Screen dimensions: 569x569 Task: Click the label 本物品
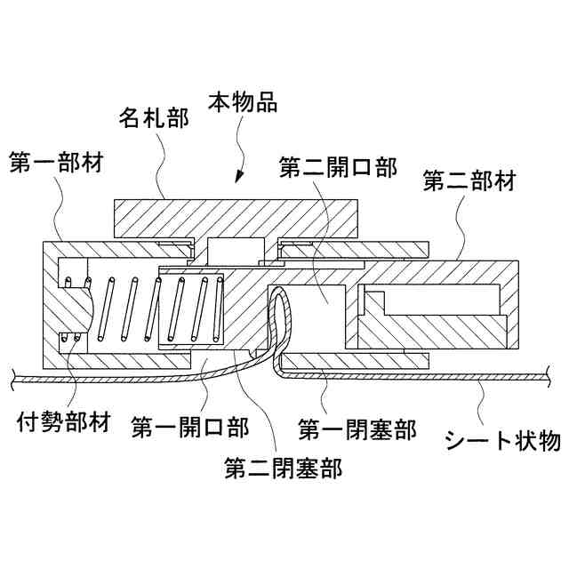(x=242, y=101)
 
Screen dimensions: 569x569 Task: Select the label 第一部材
(x=55, y=163)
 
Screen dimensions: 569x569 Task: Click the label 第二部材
(x=469, y=182)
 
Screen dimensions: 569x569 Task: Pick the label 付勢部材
(x=63, y=421)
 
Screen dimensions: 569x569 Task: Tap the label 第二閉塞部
(x=283, y=466)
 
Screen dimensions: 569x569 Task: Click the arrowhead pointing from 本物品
(x=237, y=179)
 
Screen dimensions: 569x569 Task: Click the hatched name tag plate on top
(x=236, y=218)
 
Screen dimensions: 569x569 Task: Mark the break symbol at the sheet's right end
(x=552, y=381)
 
